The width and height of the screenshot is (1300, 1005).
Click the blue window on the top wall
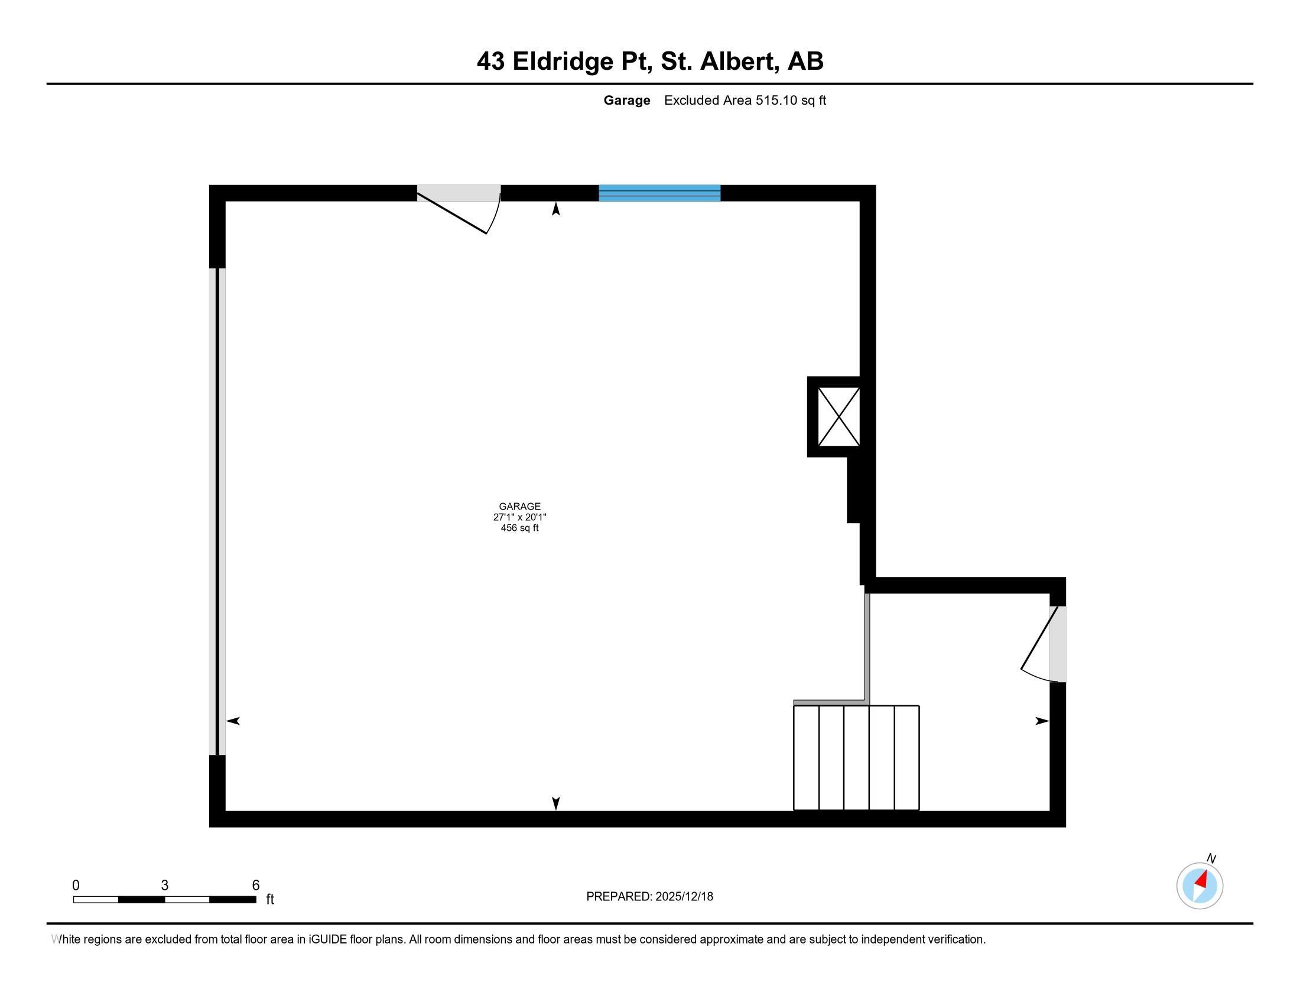coord(659,193)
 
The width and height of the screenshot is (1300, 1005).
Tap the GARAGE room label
coord(519,507)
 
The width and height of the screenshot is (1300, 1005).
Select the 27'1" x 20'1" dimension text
coord(519,517)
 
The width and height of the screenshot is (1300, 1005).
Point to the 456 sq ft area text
coord(519,528)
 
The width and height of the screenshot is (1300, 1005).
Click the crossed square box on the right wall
coord(838,417)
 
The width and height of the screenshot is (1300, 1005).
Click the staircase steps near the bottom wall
coord(857,758)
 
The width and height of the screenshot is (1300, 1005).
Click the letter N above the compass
coord(1211,858)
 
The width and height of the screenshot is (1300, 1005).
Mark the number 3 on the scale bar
coord(165,886)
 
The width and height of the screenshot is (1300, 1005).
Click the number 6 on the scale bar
coord(256,886)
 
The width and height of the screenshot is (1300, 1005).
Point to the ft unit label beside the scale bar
coord(269,900)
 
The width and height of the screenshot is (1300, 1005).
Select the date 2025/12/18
coord(684,897)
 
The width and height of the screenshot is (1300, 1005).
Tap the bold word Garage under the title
coord(627,100)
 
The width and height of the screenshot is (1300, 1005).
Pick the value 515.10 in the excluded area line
coord(776,100)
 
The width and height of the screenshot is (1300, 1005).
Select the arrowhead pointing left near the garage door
coord(233,721)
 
